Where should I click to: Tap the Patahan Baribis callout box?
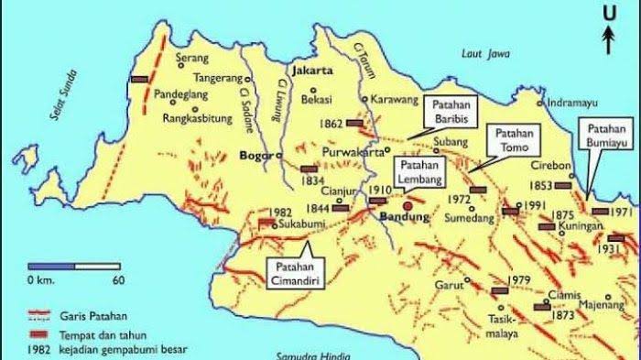click(x=450, y=114)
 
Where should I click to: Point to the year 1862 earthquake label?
click(x=332, y=123)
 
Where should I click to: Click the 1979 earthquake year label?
click(x=519, y=279)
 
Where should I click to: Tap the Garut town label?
click(x=446, y=284)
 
